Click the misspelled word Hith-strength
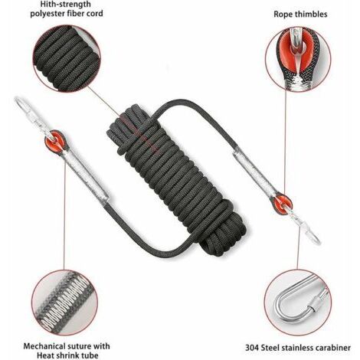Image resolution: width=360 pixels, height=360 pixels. [65, 4]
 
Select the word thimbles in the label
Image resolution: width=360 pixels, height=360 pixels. [311, 14]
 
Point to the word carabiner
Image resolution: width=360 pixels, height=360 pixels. [332, 348]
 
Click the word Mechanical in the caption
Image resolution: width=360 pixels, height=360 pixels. [44, 346]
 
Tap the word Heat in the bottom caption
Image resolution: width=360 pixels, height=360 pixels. [46, 355]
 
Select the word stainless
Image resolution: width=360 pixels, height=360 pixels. [299, 348]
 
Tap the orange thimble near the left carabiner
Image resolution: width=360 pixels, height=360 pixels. [55, 139]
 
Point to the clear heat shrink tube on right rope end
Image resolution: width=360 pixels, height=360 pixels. [254, 172]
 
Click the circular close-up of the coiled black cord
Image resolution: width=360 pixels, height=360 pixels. [67, 58]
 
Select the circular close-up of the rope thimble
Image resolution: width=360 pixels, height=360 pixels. [298, 58]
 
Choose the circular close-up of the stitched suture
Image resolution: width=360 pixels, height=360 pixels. [65, 303]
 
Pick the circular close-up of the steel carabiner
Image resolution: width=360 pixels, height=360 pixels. [297, 303]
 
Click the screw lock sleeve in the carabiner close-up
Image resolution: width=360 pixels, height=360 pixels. [316, 302]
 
